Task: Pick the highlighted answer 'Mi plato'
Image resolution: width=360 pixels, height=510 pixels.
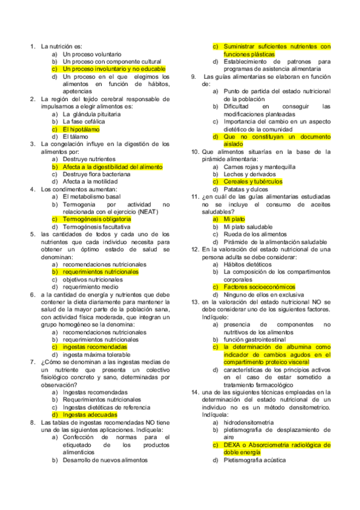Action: [x=233, y=220]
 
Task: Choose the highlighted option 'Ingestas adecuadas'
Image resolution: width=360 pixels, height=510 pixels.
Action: [x=90, y=415]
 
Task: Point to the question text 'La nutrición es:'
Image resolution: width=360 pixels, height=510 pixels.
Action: [x=61, y=46]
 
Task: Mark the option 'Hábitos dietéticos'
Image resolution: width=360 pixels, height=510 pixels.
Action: [x=247, y=265]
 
